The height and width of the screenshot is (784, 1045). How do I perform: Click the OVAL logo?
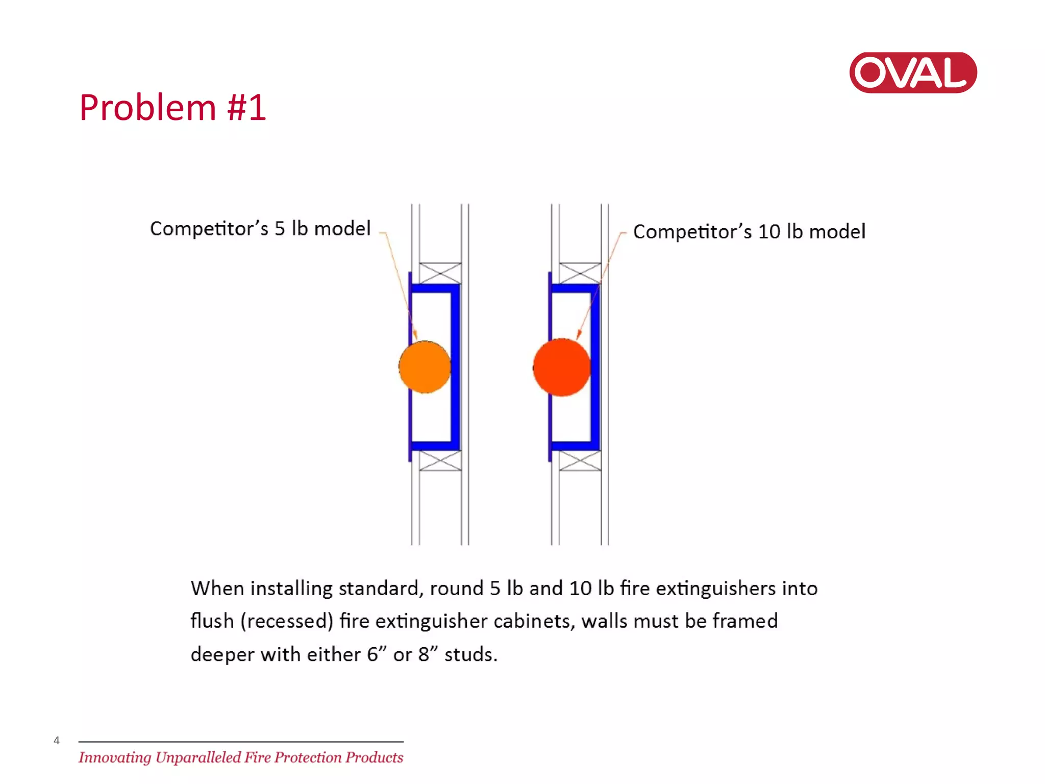pos(912,72)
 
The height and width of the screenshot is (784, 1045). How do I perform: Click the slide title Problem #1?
pos(172,108)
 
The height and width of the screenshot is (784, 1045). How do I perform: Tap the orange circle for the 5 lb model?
pos(425,367)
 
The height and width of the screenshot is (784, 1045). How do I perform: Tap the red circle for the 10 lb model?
pos(562,367)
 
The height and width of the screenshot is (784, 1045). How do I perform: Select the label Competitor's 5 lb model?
pos(260,229)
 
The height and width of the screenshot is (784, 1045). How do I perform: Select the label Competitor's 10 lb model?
pos(749,232)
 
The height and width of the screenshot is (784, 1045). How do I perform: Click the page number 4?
pos(57,741)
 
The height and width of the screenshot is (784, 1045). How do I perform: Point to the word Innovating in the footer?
pos(115,757)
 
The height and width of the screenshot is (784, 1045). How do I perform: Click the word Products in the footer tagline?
pos(374,757)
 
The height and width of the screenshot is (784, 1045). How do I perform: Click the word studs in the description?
pos(470,654)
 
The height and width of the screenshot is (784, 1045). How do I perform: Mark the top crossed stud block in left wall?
pos(440,273)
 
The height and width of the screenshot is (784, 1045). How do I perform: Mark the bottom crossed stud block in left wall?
pos(440,461)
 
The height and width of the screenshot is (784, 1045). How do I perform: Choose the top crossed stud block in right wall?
pos(580,273)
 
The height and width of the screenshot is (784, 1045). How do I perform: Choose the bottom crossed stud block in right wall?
pos(580,461)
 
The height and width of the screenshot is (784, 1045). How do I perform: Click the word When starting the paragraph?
pos(217,589)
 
